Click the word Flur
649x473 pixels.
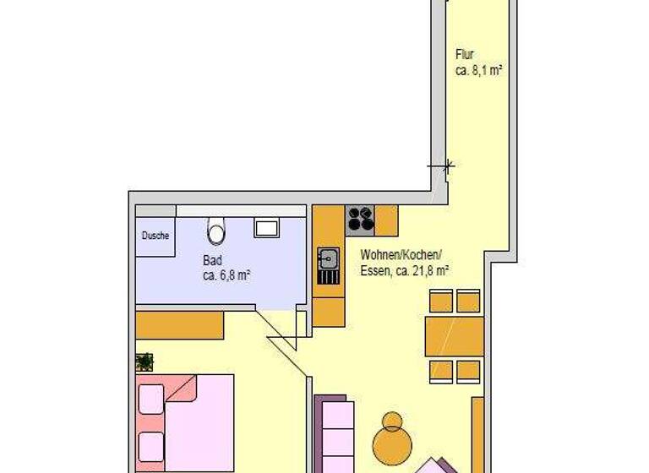[464, 56]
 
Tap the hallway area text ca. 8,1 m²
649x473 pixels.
[479, 72]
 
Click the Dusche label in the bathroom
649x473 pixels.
[155, 236]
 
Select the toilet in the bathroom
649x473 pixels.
[216, 230]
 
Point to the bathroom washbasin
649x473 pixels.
[268, 227]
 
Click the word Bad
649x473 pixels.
[211, 260]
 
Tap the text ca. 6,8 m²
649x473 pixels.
[226, 275]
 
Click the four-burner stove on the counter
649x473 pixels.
[361, 219]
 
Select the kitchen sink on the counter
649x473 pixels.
[328, 259]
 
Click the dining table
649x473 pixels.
[455, 336]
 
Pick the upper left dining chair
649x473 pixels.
[440, 301]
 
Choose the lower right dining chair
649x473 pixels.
[469, 371]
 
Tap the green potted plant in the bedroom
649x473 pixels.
[145, 362]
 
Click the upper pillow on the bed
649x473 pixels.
[150, 399]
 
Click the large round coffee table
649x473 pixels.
[392, 443]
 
